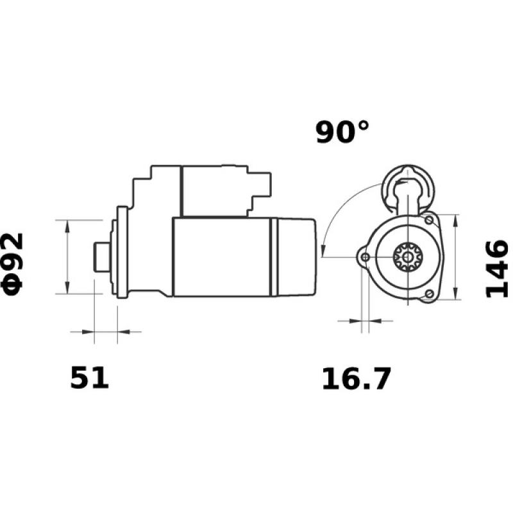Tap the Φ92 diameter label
[13, 264]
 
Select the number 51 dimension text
[90, 378]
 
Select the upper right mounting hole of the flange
[428, 220]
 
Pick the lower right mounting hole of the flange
[429, 294]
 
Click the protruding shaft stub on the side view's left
[100, 256]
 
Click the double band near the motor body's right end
[274, 256]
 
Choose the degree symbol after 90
[362, 124]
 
